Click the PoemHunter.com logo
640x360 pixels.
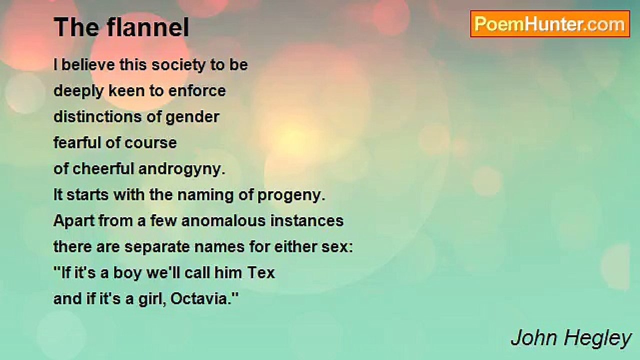[550, 24]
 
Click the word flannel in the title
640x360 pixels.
[148, 27]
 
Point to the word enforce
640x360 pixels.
[197, 91]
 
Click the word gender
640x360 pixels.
[192, 117]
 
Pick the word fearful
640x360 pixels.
[77, 142]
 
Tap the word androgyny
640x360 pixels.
[182, 169]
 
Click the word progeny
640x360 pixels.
[291, 195]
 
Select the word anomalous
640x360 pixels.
[223, 221]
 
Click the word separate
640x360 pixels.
[157, 247]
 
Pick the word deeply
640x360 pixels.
[78, 91]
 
